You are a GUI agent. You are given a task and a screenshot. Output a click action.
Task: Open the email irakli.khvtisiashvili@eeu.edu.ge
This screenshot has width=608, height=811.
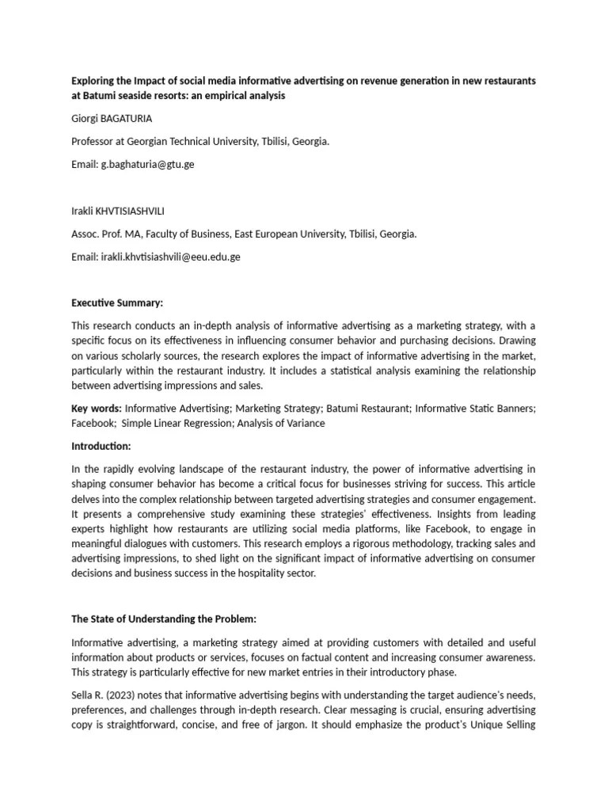click(x=170, y=257)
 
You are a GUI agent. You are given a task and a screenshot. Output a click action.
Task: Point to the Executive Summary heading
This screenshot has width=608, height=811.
click(x=116, y=303)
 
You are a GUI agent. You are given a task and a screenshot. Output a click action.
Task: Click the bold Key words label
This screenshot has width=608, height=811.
click(x=97, y=409)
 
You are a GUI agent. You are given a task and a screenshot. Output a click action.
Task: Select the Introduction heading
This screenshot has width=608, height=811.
click(x=101, y=446)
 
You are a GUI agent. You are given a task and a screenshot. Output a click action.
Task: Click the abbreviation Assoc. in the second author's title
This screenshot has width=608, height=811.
click(x=85, y=234)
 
